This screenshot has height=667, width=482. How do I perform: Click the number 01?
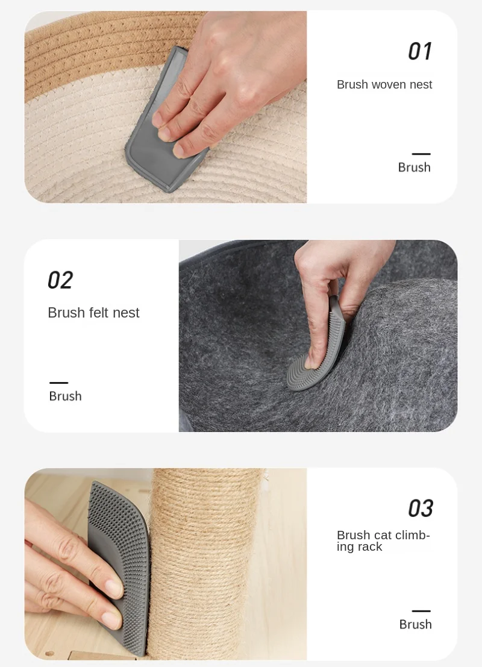tap(420, 51)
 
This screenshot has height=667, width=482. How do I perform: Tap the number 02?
tap(60, 280)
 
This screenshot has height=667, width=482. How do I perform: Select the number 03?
tap(421, 508)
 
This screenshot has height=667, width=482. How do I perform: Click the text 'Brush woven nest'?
tap(384, 84)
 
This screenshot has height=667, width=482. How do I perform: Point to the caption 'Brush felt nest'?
tap(93, 313)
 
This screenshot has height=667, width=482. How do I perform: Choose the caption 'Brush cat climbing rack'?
tap(383, 540)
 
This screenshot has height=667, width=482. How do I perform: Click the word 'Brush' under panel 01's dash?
tap(414, 167)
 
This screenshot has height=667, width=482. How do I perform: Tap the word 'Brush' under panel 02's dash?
tap(65, 396)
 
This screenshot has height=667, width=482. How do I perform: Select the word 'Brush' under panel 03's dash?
tap(415, 624)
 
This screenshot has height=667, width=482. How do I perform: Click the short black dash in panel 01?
tap(421, 154)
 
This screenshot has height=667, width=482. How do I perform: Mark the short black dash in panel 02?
tap(58, 383)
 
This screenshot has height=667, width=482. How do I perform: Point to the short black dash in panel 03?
tap(421, 611)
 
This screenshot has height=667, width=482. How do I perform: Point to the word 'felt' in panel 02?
tap(101, 313)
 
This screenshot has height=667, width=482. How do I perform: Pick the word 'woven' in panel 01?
tap(389, 84)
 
